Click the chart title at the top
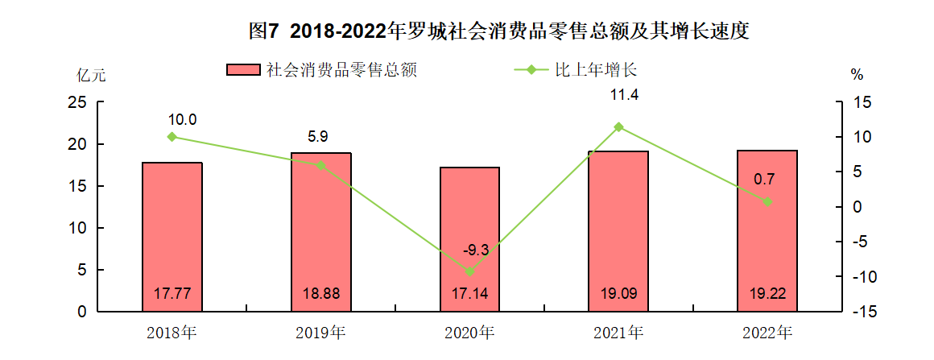(499, 31)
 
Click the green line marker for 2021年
(618, 126)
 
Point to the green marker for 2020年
(469, 271)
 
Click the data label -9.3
(476, 250)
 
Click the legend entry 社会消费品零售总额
(341, 70)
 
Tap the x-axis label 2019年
(320, 332)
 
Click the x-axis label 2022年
(767, 332)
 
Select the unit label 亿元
(90, 77)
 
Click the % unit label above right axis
(857, 75)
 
